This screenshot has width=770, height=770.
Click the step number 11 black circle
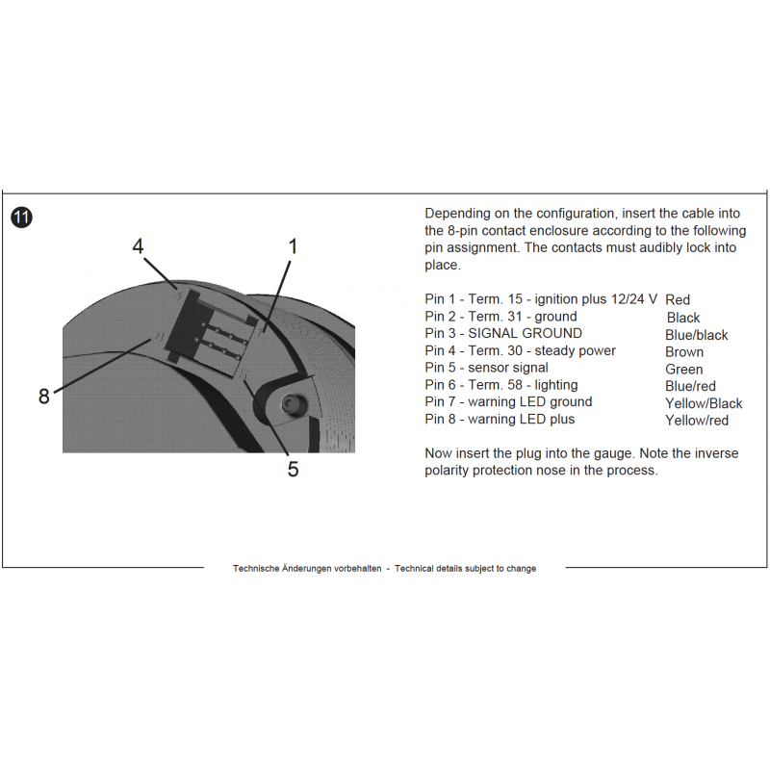(21, 218)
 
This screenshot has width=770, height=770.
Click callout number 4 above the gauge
(138, 246)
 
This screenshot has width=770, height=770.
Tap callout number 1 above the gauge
(293, 246)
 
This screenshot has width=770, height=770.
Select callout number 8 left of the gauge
(43, 396)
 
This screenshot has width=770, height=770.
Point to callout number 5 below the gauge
(293, 469)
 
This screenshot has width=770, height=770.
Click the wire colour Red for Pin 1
(678, 300)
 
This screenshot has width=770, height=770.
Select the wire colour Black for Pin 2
(683, 318)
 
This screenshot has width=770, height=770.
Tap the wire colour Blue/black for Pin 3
(697, 335)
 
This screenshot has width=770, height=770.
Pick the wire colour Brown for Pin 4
(684, 352)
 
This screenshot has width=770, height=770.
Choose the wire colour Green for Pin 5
(684, 370)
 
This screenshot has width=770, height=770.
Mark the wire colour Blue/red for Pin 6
(691, 387)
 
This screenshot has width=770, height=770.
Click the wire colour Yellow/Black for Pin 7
(704, 403)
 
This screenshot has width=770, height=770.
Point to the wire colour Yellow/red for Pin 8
(697, 421)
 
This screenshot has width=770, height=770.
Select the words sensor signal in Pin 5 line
(508, 368)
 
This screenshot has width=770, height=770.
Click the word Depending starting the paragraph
(457, 213)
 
